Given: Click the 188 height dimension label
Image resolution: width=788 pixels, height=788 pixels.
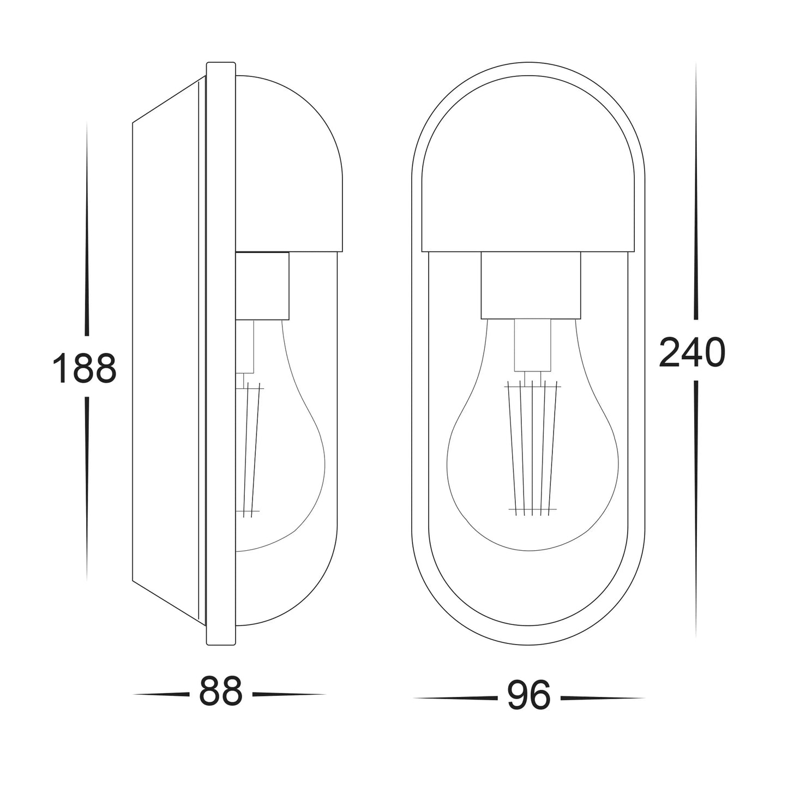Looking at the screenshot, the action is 85,368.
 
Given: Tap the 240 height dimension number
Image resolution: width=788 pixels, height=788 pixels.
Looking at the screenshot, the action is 692,352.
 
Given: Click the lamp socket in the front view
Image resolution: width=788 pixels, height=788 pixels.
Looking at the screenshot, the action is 531,285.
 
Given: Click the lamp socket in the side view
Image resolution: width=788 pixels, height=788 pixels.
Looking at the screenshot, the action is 262,286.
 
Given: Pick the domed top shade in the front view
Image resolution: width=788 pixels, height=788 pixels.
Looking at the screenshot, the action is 528,164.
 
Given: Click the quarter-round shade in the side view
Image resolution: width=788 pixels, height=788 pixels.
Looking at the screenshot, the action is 288,164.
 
